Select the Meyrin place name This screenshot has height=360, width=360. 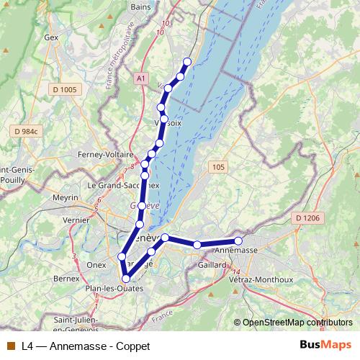(65, 197)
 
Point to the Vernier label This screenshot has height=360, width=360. (76, 221)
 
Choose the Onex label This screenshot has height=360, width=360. (96, 264)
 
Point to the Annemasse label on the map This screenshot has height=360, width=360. (236, 249)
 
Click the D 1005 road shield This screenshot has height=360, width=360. (63, 89)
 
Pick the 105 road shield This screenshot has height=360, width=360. (219, 167)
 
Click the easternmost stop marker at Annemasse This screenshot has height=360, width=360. (238, 240)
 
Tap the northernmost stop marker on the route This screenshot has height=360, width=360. (188, 62)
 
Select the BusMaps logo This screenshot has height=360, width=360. (325, 345)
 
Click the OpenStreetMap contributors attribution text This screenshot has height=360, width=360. (297, 323)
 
